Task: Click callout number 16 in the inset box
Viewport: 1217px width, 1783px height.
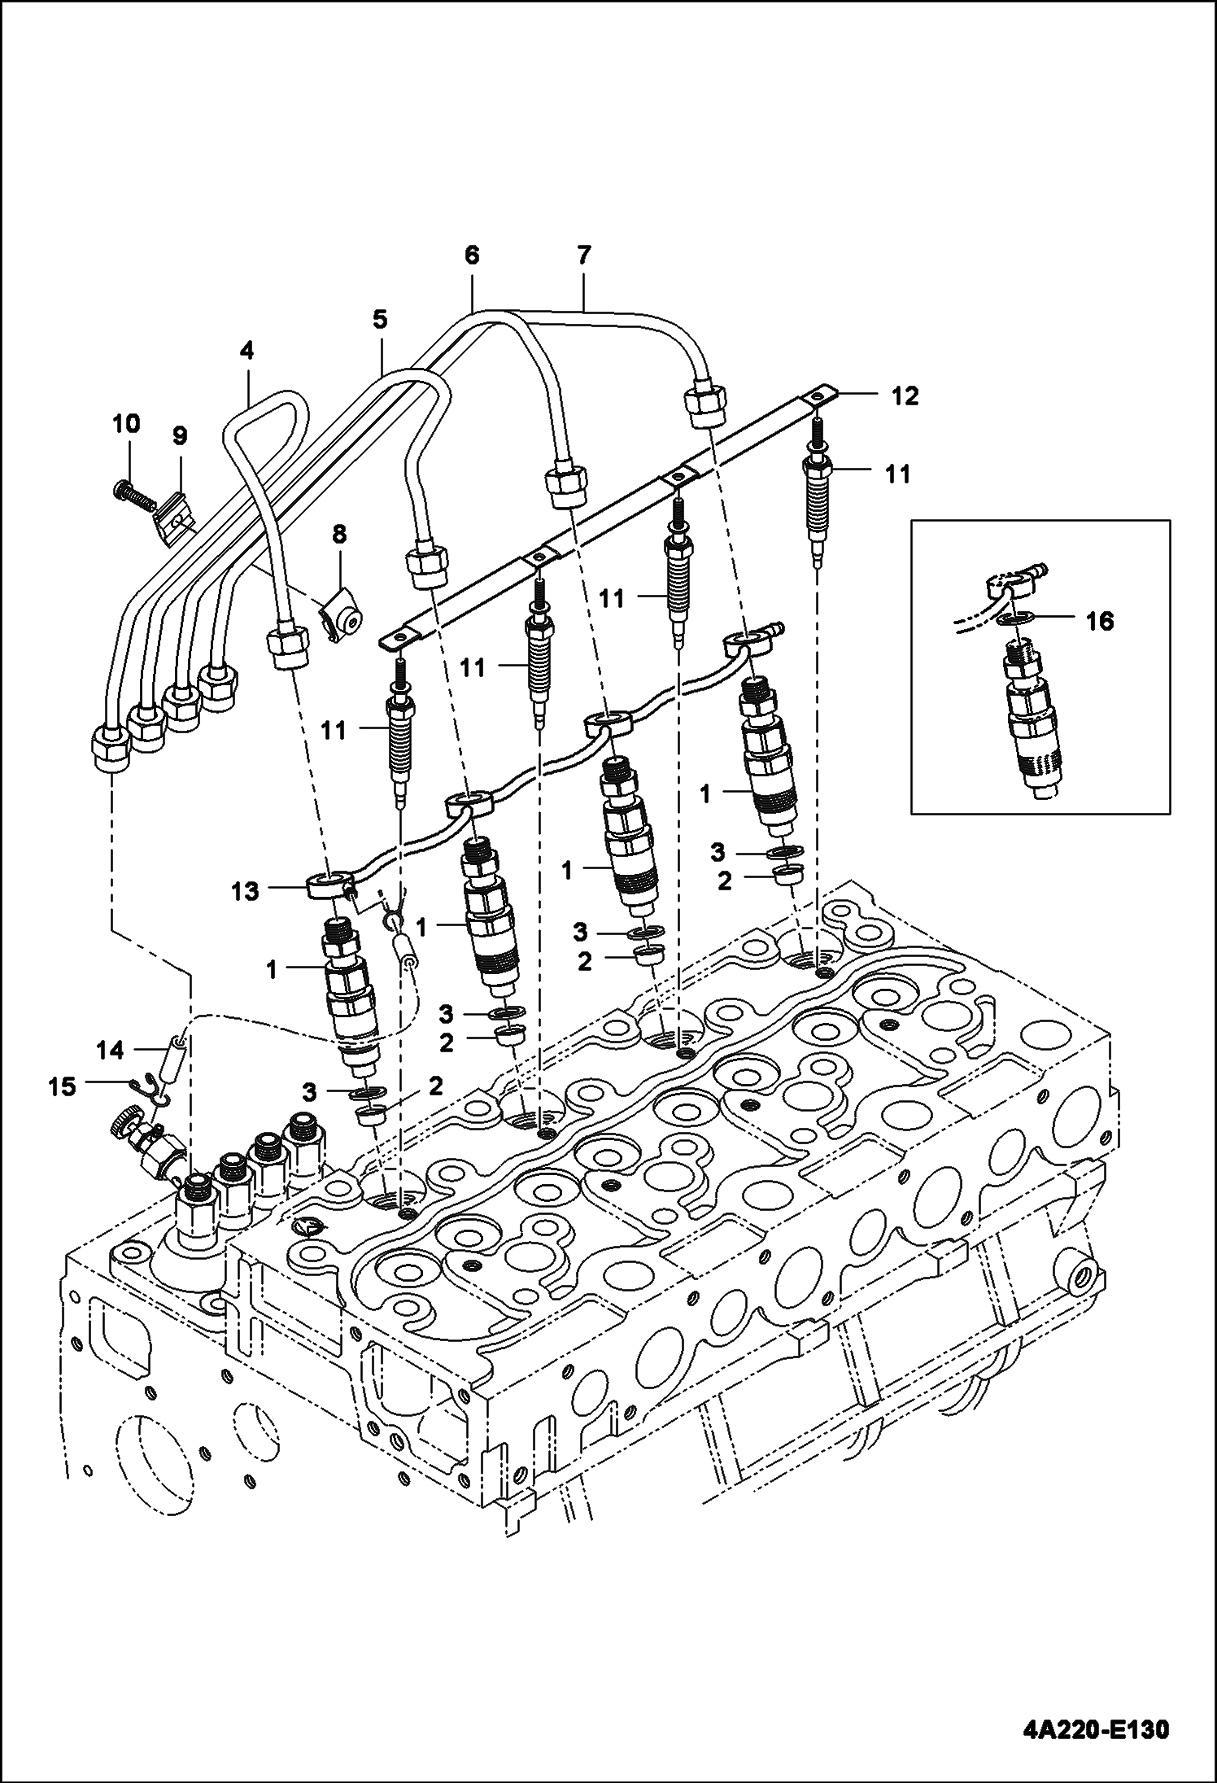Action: [1099, 622]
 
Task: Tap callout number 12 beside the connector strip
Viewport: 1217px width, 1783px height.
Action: [905, 396]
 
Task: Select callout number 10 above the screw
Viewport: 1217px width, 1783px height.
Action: [125, 423]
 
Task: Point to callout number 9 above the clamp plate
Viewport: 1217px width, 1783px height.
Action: [180, 436]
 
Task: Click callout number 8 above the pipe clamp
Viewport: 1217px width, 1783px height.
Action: [339, 535]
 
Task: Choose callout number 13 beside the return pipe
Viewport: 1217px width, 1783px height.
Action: [245, 891]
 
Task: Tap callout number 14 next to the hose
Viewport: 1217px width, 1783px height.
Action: [110, 1051]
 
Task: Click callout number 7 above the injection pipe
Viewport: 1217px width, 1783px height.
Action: [583, 256]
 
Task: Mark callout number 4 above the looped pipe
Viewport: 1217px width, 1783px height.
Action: [246, 351]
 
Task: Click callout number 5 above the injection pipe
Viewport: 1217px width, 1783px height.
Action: [380, 320]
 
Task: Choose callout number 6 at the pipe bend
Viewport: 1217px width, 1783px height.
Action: [472, 256]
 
